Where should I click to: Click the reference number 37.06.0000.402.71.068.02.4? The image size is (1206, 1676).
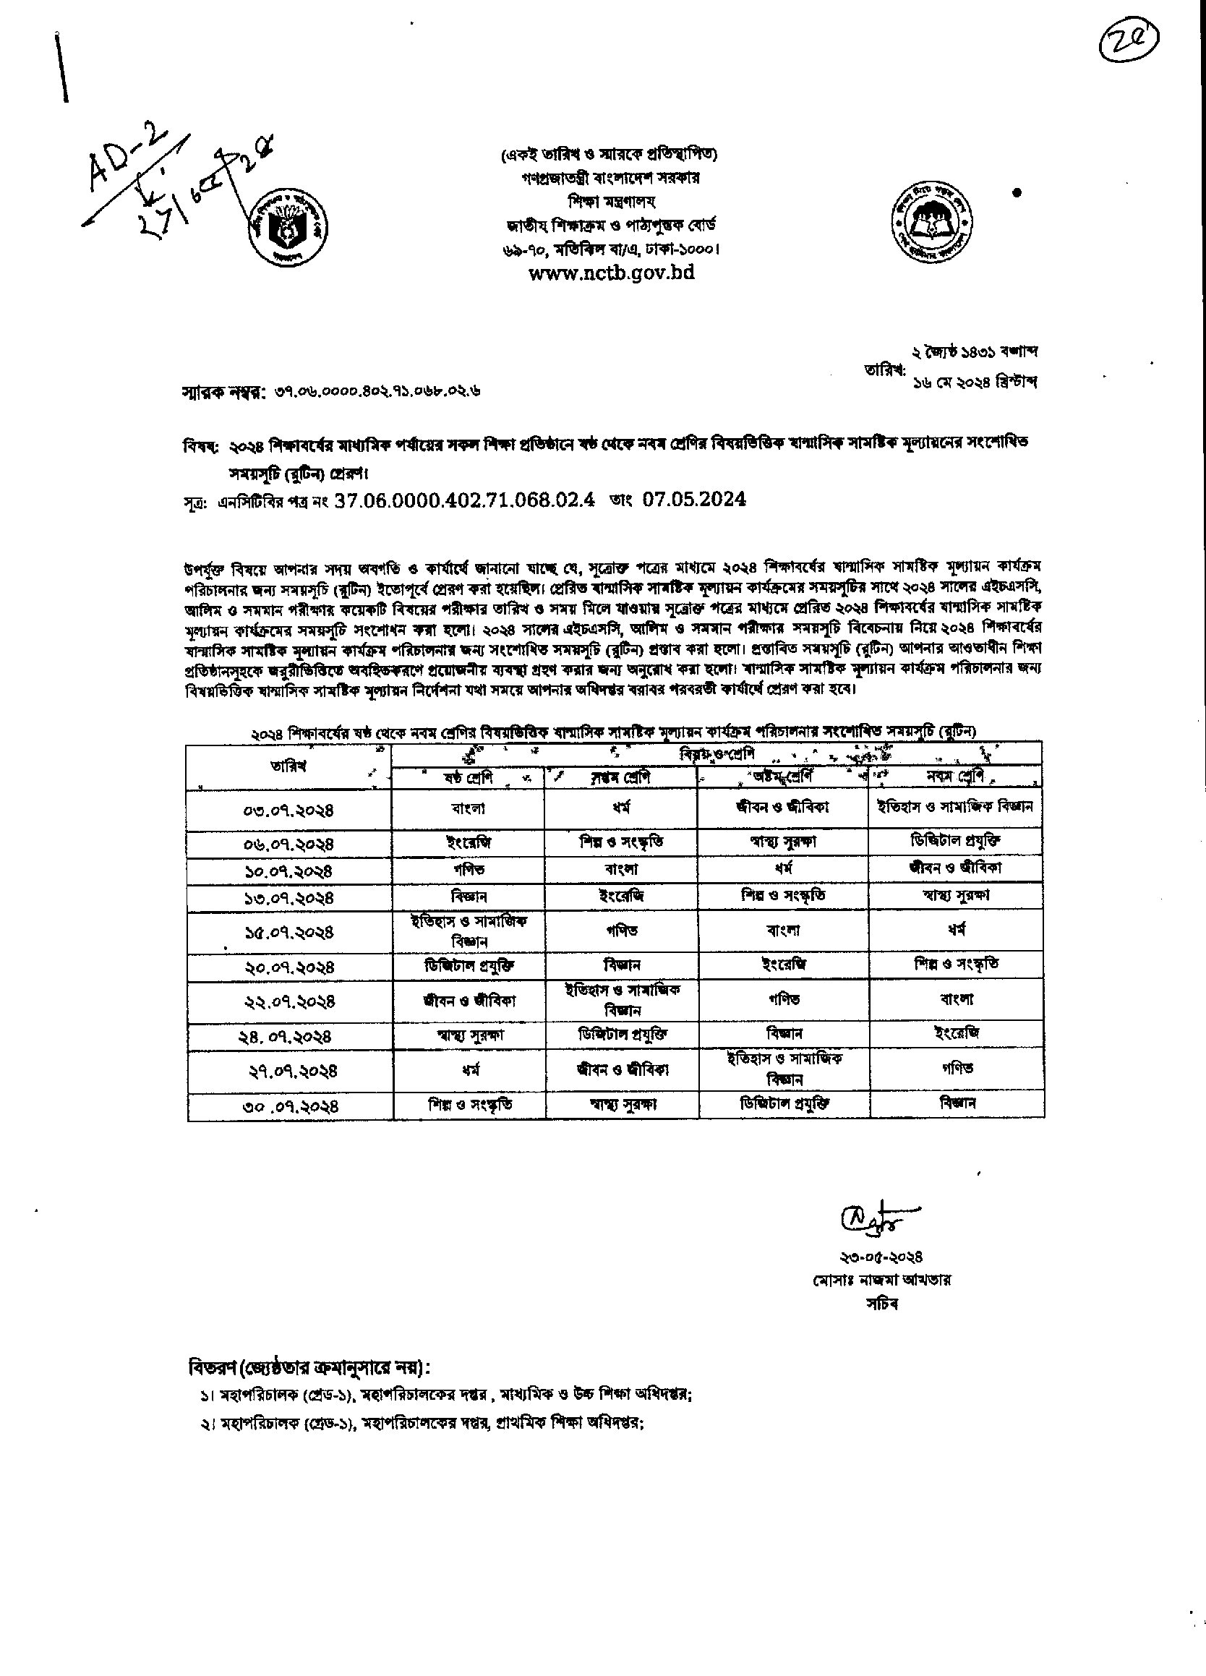465,500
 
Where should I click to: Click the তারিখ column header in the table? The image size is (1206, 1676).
289,766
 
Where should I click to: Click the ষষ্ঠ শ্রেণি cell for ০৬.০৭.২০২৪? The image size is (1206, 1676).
469,842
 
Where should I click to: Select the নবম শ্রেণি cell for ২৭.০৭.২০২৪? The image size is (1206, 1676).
957,1068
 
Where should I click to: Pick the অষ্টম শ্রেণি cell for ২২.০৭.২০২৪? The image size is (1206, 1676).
783,999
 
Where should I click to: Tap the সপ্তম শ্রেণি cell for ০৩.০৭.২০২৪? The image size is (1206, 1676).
621,808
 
